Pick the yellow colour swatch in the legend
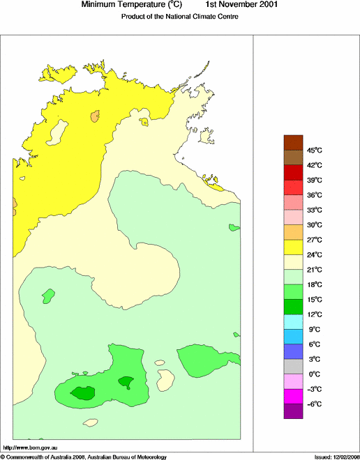293,247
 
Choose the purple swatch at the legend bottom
293,411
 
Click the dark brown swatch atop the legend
293,143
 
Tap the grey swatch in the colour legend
293,367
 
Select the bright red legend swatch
293,187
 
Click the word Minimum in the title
99,5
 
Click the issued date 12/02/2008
342,457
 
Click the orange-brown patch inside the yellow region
95,116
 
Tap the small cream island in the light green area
165,380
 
